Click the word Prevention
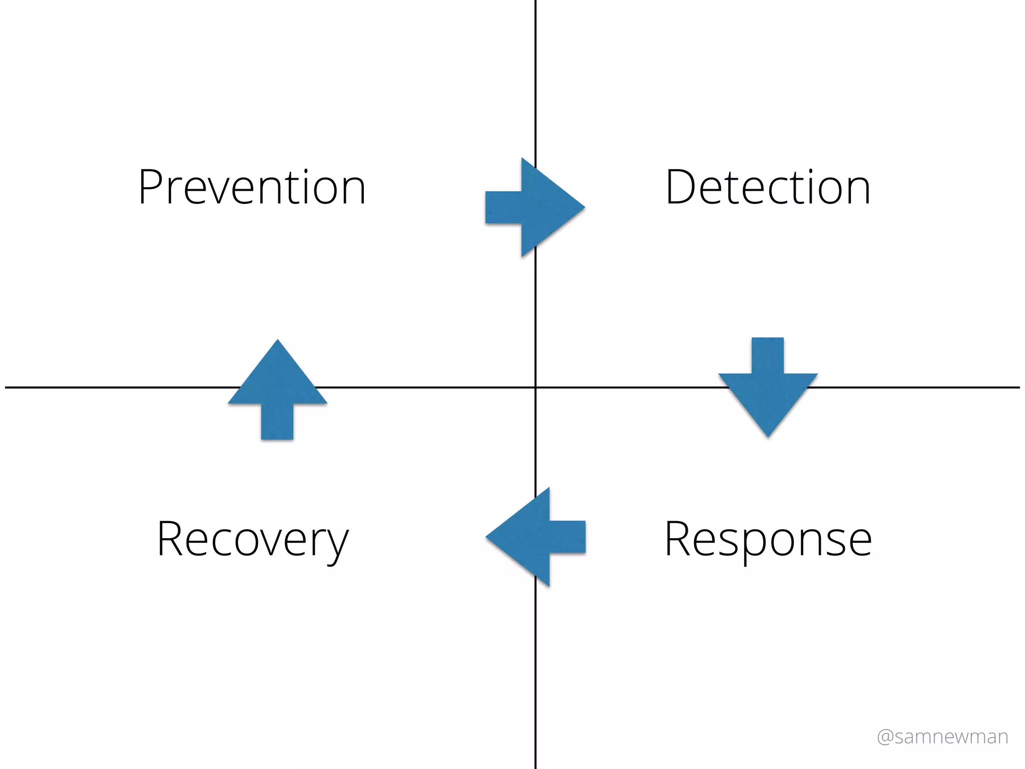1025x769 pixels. [x=252, y=188]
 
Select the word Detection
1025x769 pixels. [x=768, y=188]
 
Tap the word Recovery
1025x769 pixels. [x=252, y=540]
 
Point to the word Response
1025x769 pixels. [x=768, y=540]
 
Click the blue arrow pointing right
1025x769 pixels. [x=536, y=207]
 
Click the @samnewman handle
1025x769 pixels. [x=942, y=737]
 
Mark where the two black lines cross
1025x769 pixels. [x=536, y=387]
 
